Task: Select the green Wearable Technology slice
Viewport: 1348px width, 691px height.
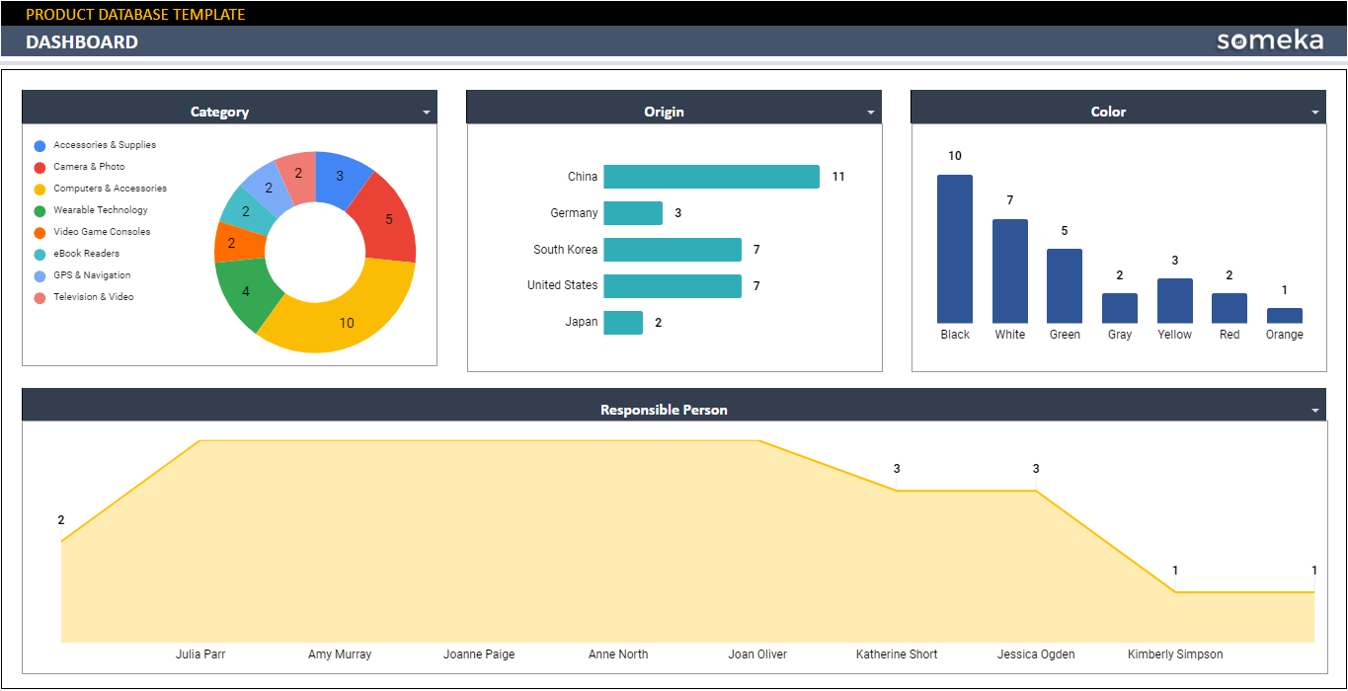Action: pos(243,293)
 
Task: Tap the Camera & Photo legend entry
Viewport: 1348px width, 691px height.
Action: pos(89,167)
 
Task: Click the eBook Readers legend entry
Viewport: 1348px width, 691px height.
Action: pos(86,254)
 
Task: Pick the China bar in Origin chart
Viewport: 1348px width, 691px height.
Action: pos(711,177)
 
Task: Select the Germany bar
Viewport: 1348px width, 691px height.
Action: pos(633,213)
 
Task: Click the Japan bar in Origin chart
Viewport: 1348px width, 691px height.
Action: pos(623,323)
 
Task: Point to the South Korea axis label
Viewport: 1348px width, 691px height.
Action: pos(565,250)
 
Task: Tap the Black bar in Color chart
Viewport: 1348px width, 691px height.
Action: pos(955,249)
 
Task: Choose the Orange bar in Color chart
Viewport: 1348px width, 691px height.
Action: pos(1284,316)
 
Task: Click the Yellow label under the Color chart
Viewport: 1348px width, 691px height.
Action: pos(1174,335)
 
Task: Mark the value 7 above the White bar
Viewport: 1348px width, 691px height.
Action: pos(1010,200)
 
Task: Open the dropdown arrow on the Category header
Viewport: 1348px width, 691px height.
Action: pos(427,113)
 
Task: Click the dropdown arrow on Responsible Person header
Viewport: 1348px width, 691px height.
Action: pos(1315,411)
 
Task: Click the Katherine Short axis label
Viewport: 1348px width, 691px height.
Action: pos(897,654)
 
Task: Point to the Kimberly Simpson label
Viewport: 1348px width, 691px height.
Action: pos(1175,654)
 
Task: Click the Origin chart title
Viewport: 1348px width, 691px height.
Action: pos(664,112)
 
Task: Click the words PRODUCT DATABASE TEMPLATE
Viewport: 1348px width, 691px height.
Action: pos(135,14)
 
